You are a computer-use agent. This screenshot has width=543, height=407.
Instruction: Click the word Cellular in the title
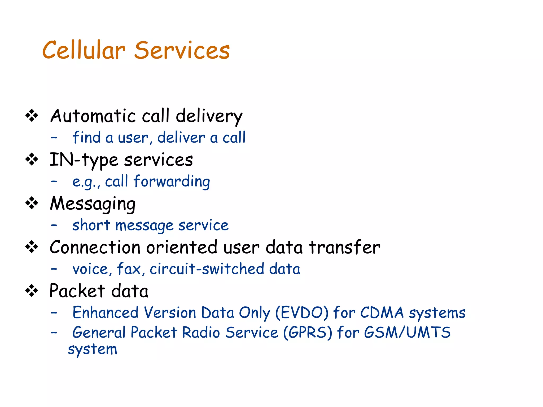pos(84,50)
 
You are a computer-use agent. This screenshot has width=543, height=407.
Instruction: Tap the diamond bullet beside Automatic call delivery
pos(32,116)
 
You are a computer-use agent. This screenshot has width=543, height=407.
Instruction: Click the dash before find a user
pos(54,138)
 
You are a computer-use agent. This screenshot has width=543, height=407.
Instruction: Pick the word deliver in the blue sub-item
pos(181,138)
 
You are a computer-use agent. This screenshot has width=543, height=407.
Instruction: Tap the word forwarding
pos(172,182)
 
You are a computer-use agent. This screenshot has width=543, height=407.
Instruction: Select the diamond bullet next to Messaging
pos(32,203)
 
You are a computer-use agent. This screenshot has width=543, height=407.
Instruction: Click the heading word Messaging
pos(93,204)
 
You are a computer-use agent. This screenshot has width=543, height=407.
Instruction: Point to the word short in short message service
pos(91,225)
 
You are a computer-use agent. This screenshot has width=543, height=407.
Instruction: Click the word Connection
pos(95,247)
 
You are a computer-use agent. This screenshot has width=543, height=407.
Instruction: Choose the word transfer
pos(344,247)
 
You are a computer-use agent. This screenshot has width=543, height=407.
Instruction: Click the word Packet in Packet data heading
pos(77,291)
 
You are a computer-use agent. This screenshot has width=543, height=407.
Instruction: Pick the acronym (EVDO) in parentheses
pos(302,313)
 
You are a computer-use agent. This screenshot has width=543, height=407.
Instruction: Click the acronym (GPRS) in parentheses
pos(308,333)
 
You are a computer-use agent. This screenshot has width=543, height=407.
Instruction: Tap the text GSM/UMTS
pos(407,333)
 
